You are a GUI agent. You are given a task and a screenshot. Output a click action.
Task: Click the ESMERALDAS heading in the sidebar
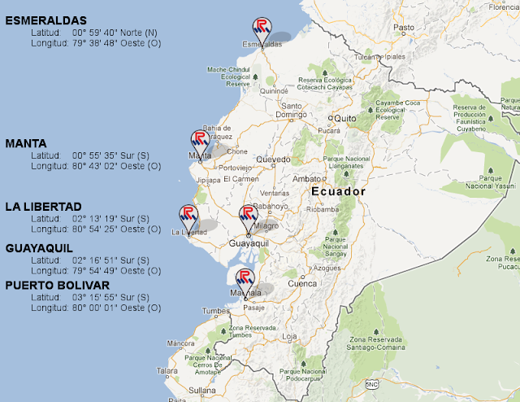tap(45, 20)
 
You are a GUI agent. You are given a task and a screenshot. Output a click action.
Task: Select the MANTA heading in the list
tap(26, 143)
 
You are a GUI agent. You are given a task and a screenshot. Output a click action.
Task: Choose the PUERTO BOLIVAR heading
tap(57, 286)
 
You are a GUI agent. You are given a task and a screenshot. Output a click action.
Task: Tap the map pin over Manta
tap(200, 142)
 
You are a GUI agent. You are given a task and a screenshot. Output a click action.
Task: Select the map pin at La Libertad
tap(188, 216)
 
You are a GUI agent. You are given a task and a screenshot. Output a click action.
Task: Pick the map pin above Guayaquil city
tap(247, 216)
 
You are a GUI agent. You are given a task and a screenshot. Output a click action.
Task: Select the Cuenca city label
tap(302, 284)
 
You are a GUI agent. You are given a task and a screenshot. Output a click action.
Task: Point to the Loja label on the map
tap(289, 335)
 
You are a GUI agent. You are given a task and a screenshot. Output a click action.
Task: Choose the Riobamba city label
tap(321, 208)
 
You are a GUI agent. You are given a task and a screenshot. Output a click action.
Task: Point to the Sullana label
tap(202, 391)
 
